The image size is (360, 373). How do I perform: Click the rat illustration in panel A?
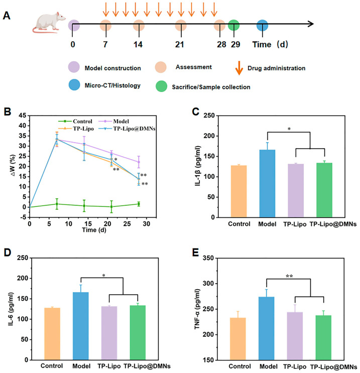click(x=49, y=22)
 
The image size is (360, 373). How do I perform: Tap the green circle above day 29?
click(x=233, y=25)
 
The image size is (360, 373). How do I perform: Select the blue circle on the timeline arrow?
click(x=262, y=25)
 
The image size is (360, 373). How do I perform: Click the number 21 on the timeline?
click(x=179, y=44)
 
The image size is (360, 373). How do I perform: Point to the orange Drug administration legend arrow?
click(x=239, y=68)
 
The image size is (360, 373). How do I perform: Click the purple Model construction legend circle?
click(x=74, y=67)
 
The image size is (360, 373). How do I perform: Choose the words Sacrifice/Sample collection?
click(x=211, y=87)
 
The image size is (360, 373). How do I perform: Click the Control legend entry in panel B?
click(x=75, y=121)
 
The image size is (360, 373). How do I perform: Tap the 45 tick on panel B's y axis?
click(x=23, y=115)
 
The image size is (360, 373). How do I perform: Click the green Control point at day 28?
click(x=139, y=204)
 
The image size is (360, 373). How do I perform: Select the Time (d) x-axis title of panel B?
click(x=94, y=230)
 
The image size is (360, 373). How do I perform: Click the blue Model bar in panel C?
click(x=267, y=183)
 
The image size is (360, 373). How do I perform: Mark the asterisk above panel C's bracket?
click(x=289, y=129)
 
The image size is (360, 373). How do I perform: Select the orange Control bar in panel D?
click(x=52, y=334)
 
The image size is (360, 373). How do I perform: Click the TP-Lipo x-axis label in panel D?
click(x=109, y=366)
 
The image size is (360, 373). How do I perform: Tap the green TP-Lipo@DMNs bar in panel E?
click(x=323, y=337)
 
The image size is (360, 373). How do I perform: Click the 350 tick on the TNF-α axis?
click(x=208, y=258)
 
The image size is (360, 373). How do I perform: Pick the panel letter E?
click(x=195, y=253)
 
